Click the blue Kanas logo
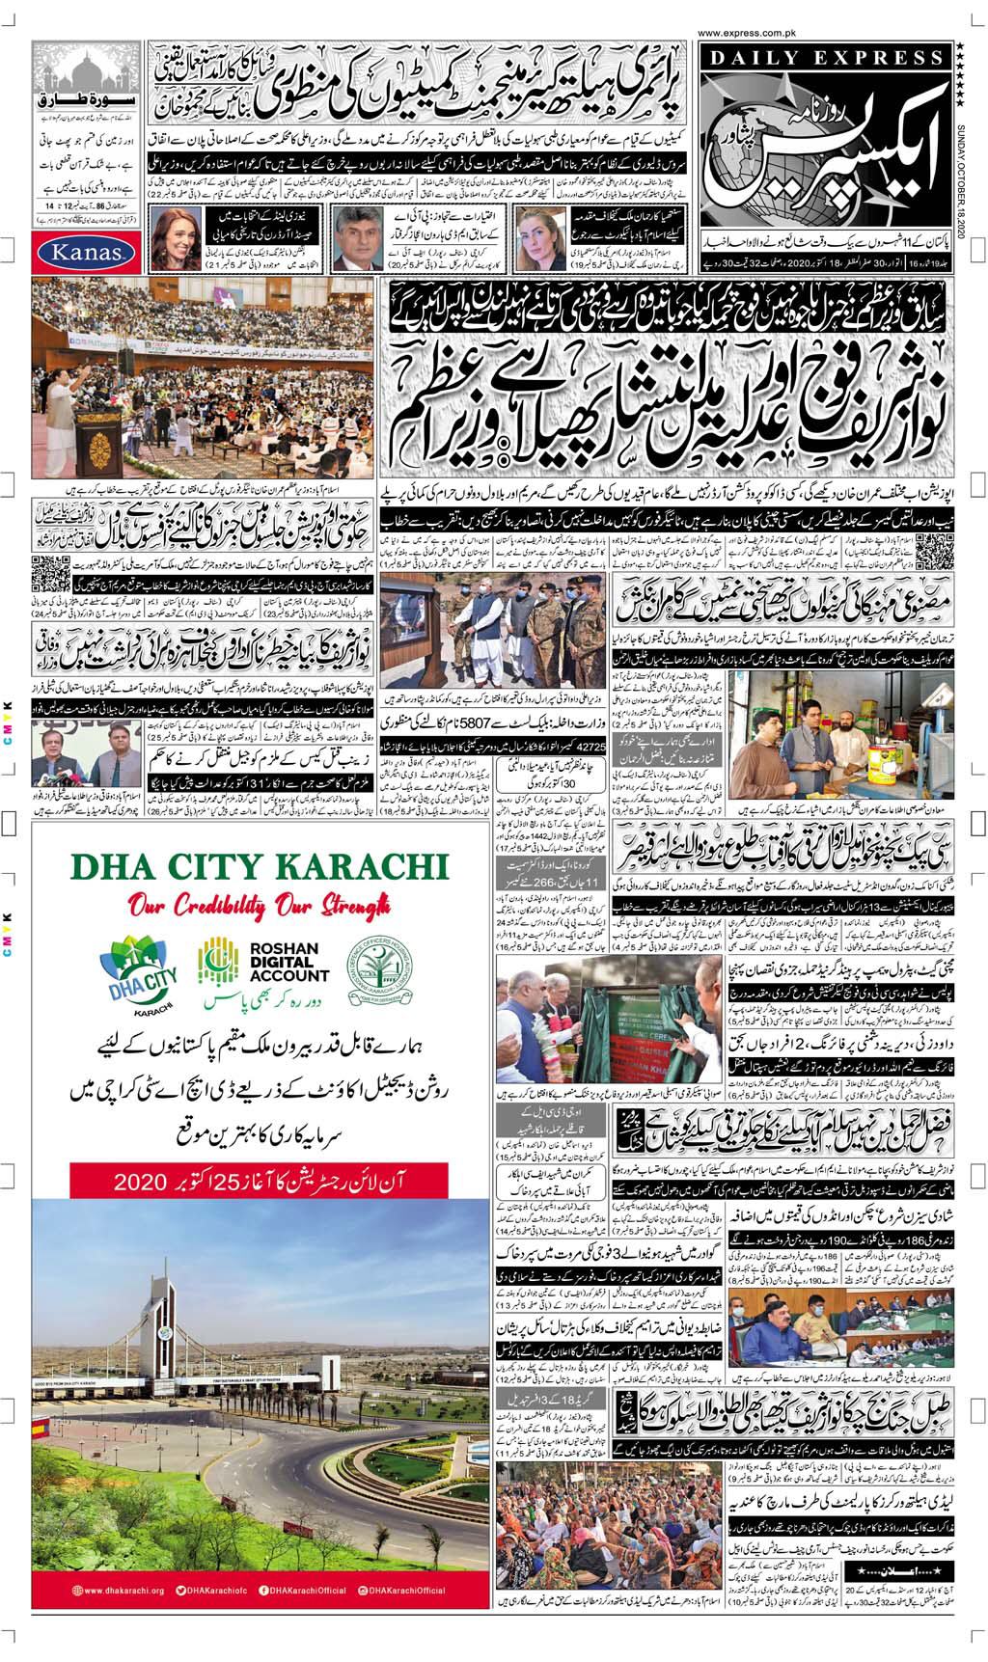point(80,253)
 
